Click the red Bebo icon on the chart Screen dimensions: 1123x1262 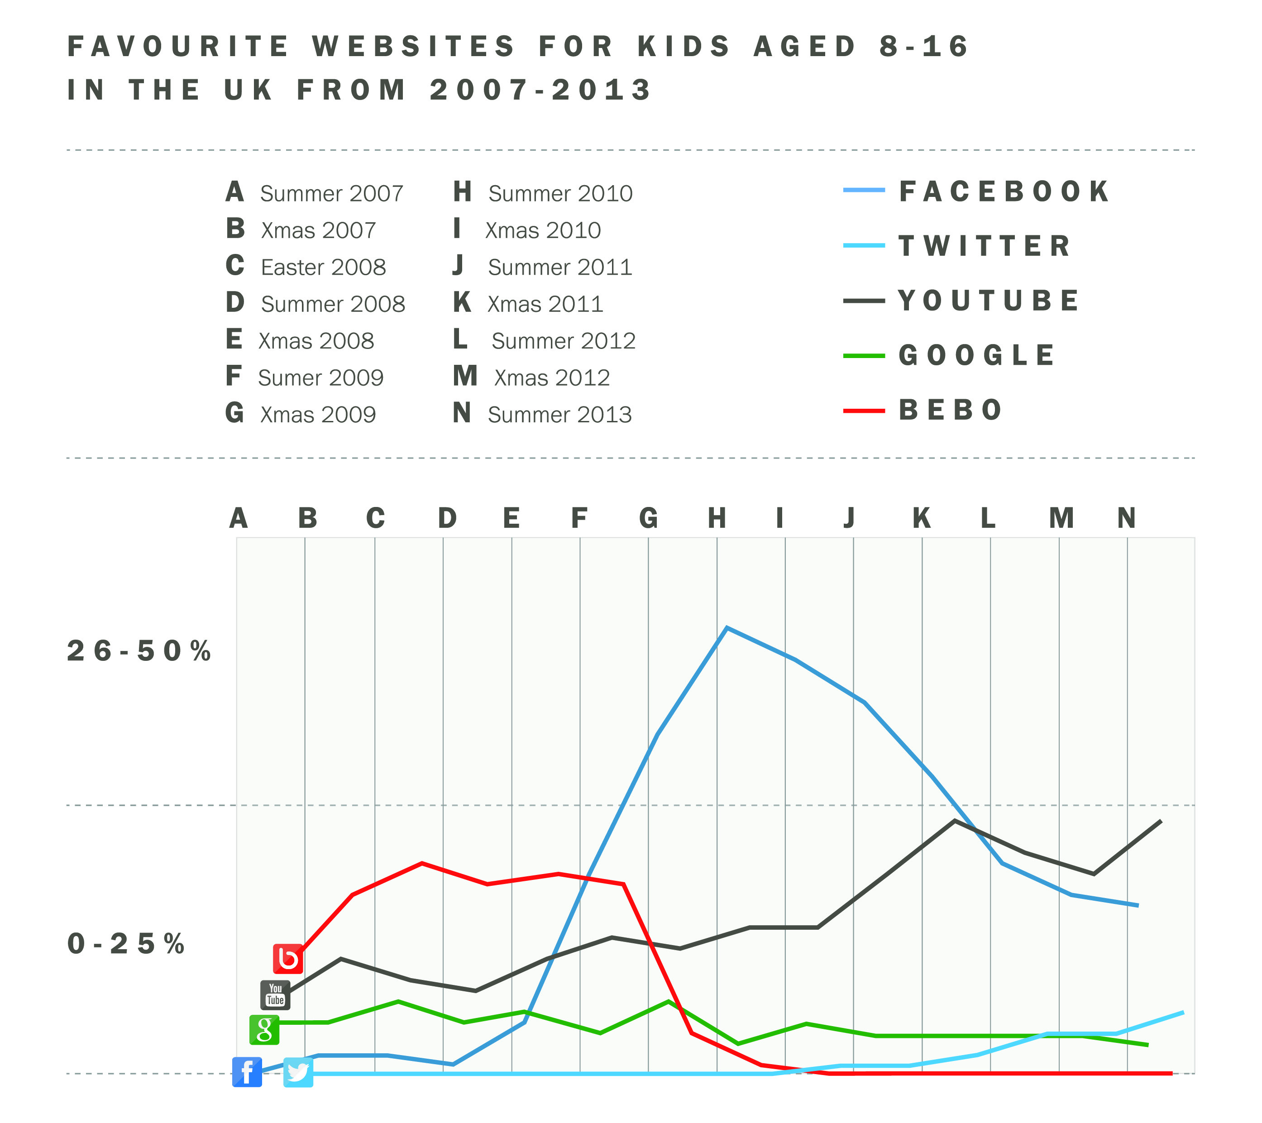(288, 959)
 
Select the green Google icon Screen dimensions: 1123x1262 (264, 1030)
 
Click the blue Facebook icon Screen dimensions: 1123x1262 (247, 1072)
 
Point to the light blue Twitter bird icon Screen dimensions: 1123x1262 (298, 1072)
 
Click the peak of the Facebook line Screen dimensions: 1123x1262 (727, 628)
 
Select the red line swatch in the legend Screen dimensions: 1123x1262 (864, 411)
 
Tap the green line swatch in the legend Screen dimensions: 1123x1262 (864, 356)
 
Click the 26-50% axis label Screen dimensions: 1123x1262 (139, 651)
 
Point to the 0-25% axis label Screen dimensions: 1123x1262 (126, 944)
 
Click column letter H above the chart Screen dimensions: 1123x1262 (717, 518)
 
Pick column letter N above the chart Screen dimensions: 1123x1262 (1127, 518)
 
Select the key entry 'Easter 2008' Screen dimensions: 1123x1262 (323, 268)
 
